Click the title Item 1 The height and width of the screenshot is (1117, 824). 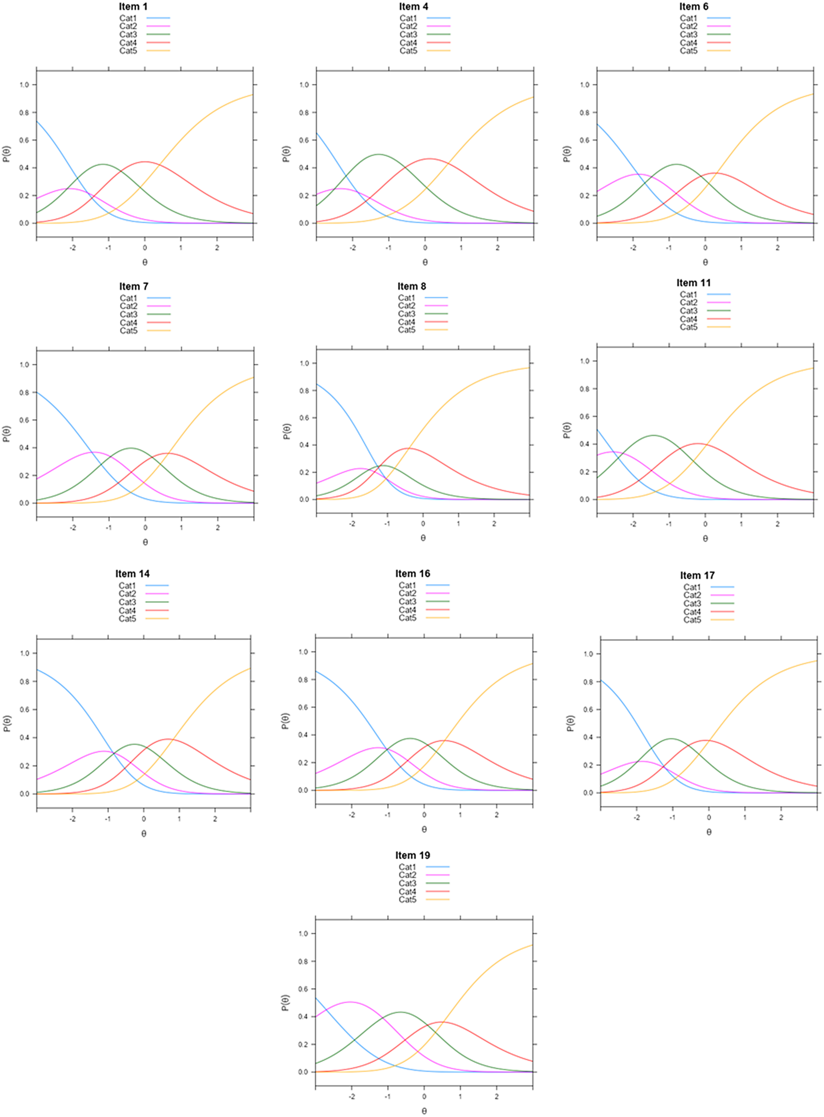(x=133, y=7)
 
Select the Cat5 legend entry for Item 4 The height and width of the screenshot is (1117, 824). (x=408, y=51)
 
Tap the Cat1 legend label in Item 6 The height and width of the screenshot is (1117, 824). (x=688, y=18)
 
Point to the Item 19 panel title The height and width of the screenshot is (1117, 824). (x=413, y=855)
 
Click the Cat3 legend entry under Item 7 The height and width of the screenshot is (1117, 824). (x=128, y=314)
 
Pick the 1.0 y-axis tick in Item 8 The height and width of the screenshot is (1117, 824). (x=304, y=363)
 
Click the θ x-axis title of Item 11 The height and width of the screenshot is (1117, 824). (x=705, y=538)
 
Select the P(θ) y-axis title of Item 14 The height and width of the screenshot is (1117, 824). (x=7, y=723)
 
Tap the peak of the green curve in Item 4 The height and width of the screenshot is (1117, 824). (x=379, y=155)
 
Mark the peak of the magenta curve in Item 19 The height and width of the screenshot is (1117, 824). (x=351, y=1002)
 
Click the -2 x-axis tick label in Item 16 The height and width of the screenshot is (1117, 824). (x=351, y=815)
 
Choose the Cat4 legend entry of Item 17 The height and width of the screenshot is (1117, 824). (x=692, y=612)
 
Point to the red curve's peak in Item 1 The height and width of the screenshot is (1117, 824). (x=145, y=162)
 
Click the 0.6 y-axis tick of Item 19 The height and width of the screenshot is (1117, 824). (x=303, y=989)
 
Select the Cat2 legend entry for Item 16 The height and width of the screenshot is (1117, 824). (x=407, y=593)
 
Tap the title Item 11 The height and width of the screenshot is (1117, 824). (x=693, y=283)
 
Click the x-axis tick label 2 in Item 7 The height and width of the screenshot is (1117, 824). (x=218, y=527)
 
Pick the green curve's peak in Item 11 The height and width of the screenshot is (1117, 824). (x=654, y=436)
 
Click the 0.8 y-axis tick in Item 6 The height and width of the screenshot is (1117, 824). (x=585, y=113)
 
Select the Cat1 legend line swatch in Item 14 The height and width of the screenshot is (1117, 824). (x=157, y=586)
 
